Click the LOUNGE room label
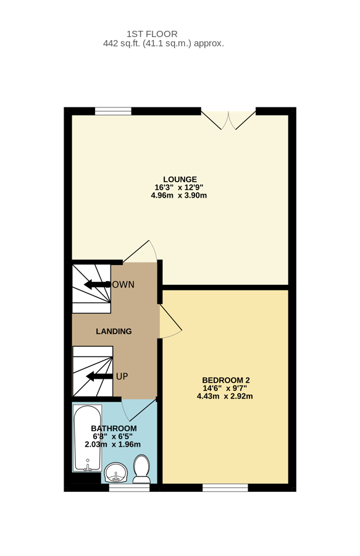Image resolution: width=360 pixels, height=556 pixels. [x=180, y=179]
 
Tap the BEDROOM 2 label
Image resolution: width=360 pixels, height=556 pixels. [x=225, y=380]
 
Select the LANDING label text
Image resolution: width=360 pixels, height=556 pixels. [x=114, y=331]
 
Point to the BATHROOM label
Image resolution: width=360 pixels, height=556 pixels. [x=114, y=428]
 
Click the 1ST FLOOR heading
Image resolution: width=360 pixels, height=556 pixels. [x=152, y=33]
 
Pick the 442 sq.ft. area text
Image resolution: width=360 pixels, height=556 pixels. [x=163, y=44]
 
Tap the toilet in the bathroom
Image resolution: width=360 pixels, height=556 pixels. [x=141, y=470]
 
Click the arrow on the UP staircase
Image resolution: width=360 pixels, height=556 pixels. [x=99, y=376]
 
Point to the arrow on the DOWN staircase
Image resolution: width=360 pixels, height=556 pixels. [x=96, y=285]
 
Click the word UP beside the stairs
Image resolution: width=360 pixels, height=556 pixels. [x=122, y=376]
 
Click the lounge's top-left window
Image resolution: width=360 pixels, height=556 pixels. [x=113, y=111]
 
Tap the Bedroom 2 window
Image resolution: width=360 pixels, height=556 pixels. [x=225, y=487]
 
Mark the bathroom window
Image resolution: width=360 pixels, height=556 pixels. [x=129, y=487]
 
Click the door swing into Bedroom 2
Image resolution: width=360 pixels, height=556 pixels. [x=170, y=322]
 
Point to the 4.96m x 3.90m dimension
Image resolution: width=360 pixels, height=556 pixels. [x=178, y=196]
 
